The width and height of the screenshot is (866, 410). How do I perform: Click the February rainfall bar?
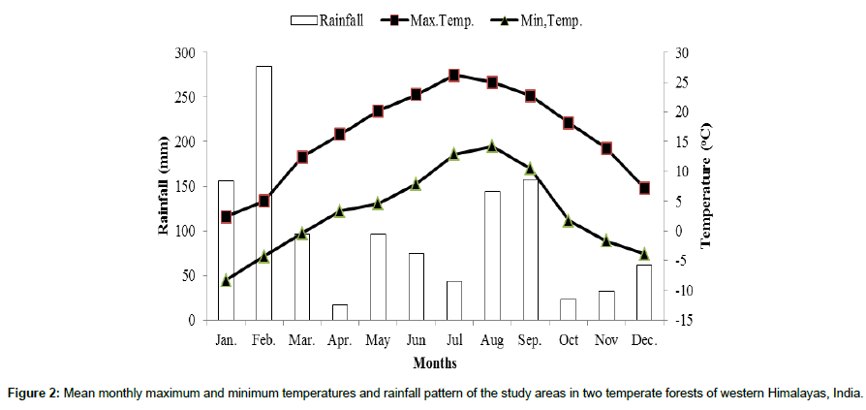click(263, 193)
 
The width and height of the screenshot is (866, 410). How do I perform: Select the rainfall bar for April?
click(339, 311)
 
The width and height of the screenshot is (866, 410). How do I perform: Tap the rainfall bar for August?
click(492, 255)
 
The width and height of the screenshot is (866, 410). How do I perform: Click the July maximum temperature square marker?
click(453, 76)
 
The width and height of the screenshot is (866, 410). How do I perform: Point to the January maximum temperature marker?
click(226, 217)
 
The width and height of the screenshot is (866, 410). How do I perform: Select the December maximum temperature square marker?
click(644, 188)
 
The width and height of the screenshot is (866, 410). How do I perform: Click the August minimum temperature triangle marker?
click(492, 145)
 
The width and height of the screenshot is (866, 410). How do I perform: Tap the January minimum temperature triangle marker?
click(226, 280)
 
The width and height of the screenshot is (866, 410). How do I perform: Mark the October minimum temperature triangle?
click(569, 221)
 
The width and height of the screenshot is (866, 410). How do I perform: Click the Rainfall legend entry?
click(328, 19)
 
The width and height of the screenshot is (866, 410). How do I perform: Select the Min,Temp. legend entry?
click(533, 19)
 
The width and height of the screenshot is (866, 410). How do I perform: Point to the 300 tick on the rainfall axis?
click(184, 52)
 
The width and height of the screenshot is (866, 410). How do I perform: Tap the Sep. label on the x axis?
click(530, 340)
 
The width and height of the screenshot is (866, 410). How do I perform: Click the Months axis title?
click(435, 363)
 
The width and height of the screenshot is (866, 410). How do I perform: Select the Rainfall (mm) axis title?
click(165, 186)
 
